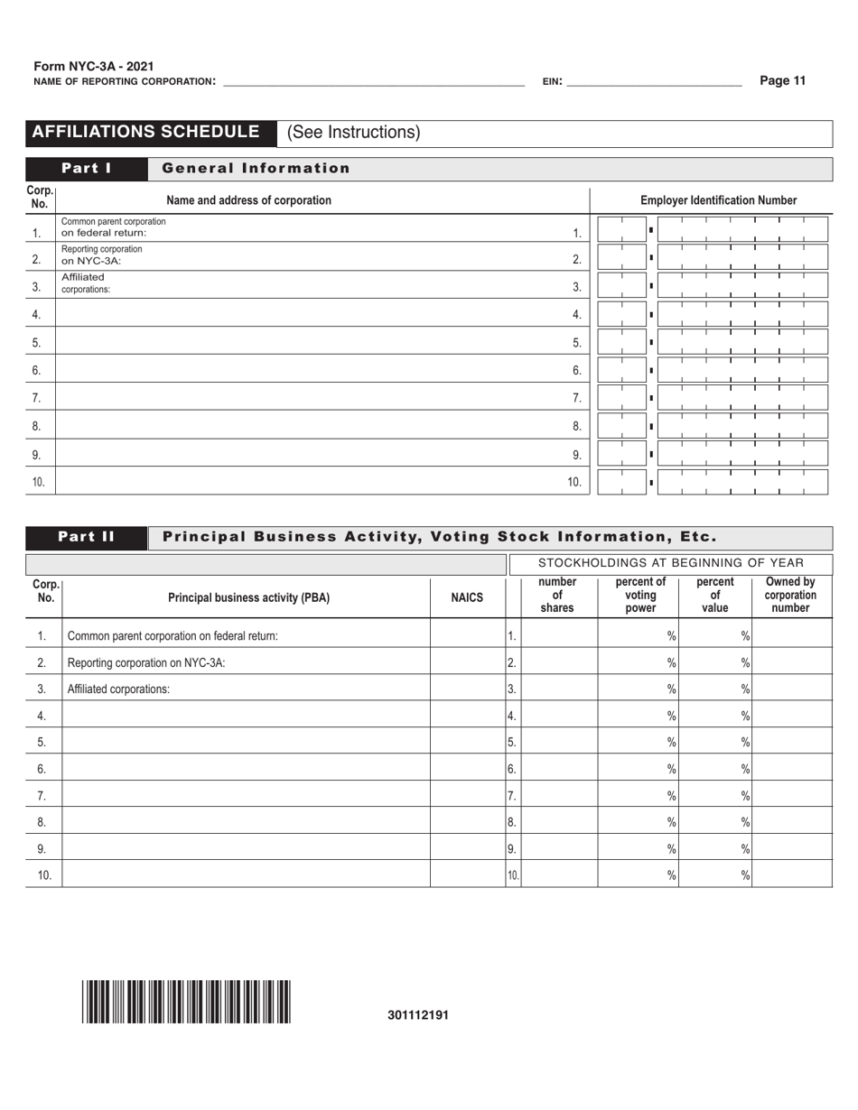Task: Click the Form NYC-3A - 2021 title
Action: coord(94,67)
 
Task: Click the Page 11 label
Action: coord(782,80)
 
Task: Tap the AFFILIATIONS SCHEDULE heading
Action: coord(146,132)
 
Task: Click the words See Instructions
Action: coord(354,133)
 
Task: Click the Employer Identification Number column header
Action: coord(718,200)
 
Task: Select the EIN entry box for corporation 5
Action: coord(713,343)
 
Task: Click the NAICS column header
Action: coord(467,597)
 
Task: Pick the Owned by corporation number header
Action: coord(790,595)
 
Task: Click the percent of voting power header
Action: coord(639,595)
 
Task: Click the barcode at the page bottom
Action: coord(187,1002)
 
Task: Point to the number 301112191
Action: coord(418,1014)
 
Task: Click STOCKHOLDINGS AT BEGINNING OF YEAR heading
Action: coord(670,563)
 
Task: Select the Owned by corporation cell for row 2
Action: coord(791,662)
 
